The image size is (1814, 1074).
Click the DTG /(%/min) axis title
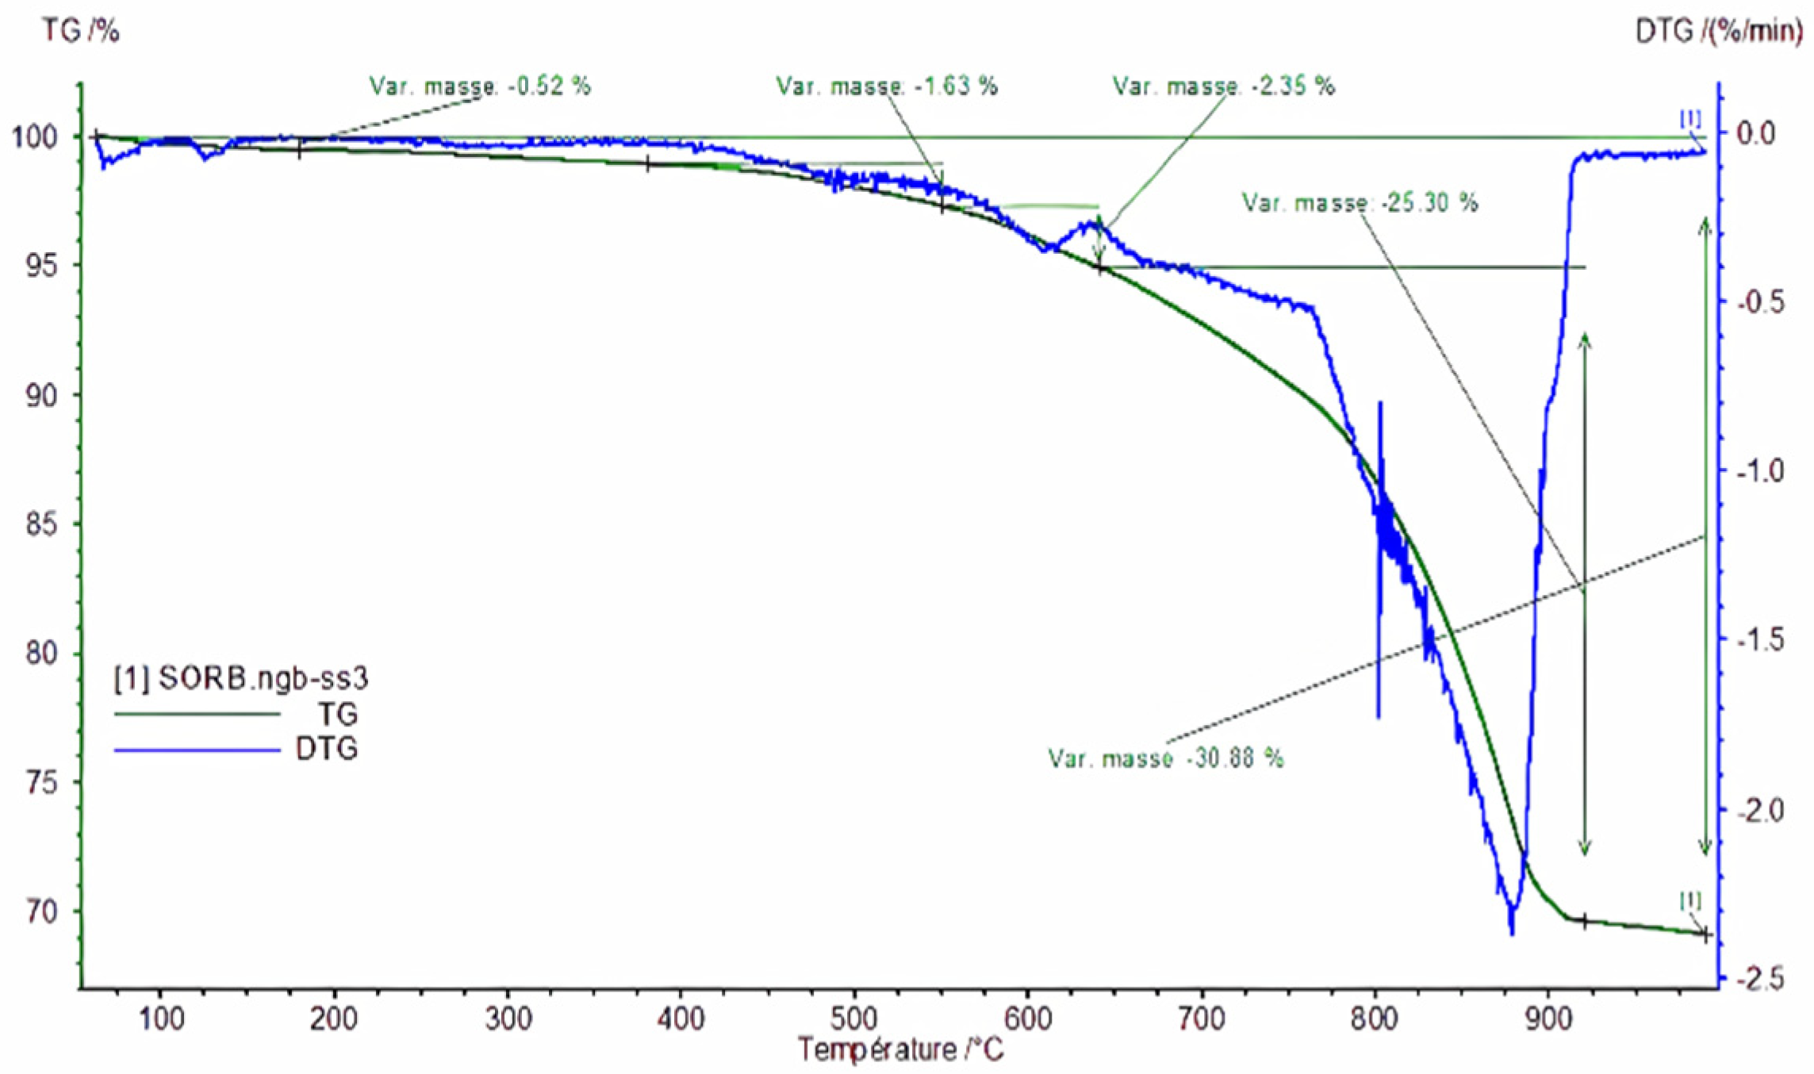[x=1717, y=33]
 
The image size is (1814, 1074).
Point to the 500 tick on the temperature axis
[x=853, y=1017]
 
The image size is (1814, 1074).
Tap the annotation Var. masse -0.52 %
[x=480, y=86]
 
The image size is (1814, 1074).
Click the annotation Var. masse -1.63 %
[x=886, y=86]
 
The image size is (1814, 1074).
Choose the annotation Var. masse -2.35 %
[x=1223, y=86]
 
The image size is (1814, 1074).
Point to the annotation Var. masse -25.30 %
[x=1360, y=203]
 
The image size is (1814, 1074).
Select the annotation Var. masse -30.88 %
[x=1165, y=758]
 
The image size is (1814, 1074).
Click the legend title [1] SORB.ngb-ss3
[x=241, y=679]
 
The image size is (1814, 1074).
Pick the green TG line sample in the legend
[x=198, y=715]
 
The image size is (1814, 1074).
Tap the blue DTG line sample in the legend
[x=198, y=749]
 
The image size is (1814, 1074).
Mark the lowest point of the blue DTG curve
[x=1512, y=934]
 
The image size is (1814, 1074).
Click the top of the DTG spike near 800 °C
[x=1380, y=403]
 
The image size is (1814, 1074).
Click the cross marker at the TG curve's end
[x=1705, y=934]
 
